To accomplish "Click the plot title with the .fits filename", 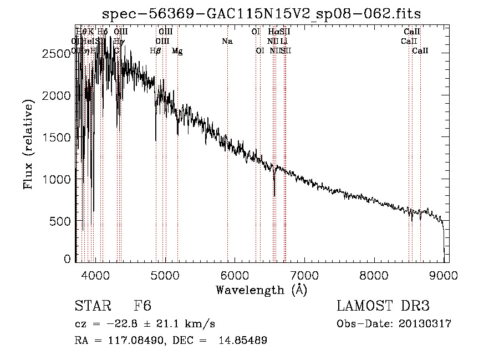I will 262,13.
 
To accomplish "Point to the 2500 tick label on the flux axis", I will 57,53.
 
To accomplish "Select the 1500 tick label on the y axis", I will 57,138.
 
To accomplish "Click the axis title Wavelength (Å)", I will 261,290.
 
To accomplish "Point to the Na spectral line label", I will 227,41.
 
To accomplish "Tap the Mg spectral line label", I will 177,51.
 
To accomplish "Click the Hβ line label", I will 156,51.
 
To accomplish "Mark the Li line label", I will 284,41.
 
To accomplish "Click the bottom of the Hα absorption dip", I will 274,195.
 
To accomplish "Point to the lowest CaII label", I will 420,51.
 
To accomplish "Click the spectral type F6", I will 142,307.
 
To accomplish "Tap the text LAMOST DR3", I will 383,307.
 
